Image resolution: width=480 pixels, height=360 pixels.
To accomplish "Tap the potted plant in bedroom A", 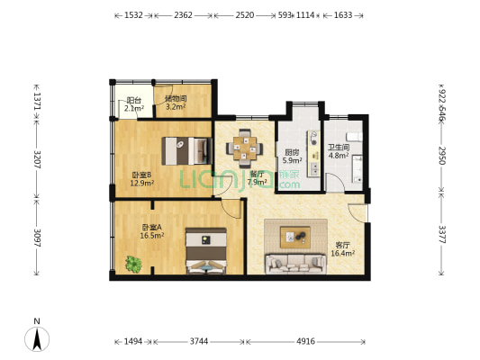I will pos(134,264).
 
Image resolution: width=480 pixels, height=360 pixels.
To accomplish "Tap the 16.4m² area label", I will pos(342,254).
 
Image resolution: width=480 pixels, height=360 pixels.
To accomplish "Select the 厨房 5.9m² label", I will pos(292,157).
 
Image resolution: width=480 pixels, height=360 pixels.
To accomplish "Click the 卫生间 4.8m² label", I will pos(338,151).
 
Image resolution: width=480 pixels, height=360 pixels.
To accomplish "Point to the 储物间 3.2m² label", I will pos(176,103).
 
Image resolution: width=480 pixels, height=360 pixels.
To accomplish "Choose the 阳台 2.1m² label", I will pos(133,105).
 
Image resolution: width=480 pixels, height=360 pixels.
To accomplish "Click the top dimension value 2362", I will pos(183,15).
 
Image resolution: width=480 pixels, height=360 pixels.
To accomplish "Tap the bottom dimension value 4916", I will pos(307,341).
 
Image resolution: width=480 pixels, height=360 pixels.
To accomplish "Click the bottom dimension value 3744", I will pos(199,341).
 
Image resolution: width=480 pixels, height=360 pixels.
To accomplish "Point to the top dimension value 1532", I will pos(133,15).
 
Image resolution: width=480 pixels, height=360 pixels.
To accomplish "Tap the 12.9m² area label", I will pos(141,183).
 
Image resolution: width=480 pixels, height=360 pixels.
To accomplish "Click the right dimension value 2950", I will pos(442,154).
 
